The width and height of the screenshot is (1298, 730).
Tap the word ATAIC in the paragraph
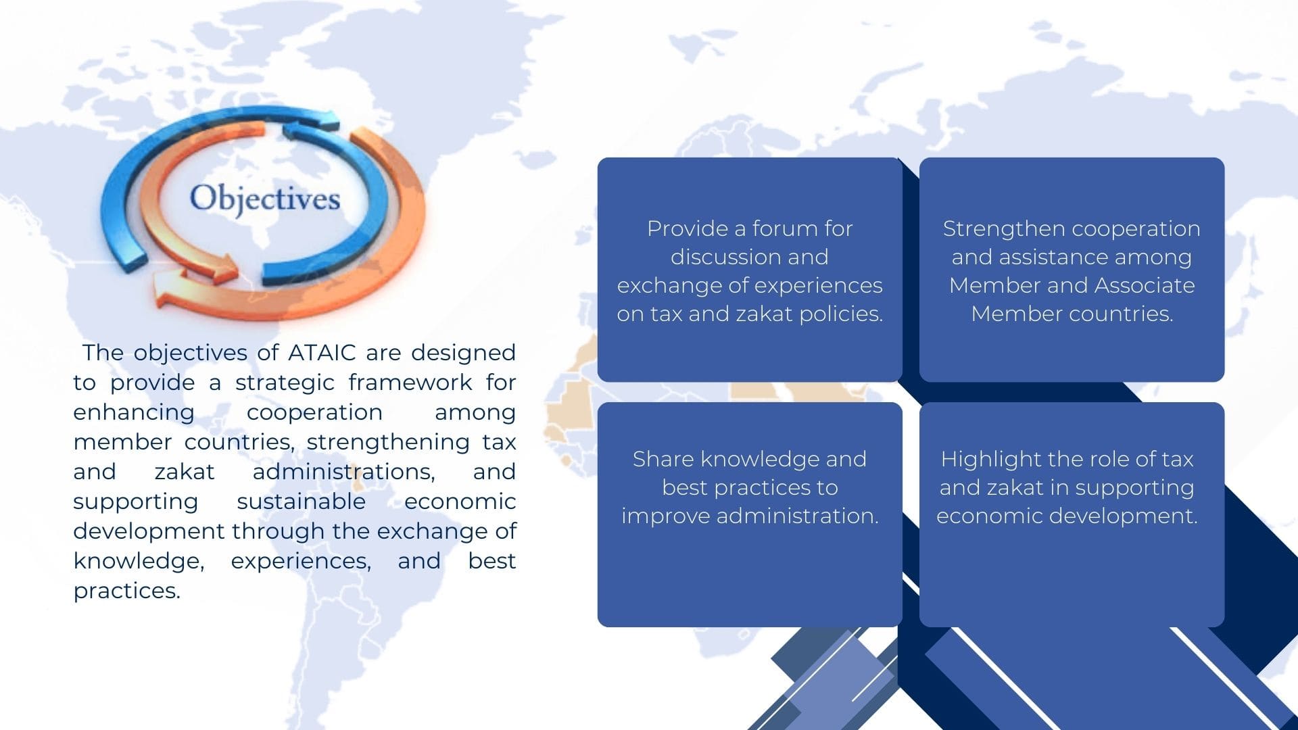(x=322, y=353)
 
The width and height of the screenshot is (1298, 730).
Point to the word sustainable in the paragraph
(x=301, y=502)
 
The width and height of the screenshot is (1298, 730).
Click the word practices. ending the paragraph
(x=126, y=591)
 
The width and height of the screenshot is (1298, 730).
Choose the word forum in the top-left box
(x=785, y=228)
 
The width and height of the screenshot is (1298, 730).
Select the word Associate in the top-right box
(x=1144, y=285)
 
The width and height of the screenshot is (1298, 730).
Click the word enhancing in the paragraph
(x=134, y=412)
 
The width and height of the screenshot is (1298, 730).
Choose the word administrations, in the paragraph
(x=343, y=472)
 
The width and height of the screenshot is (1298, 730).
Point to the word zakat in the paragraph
(x=185, y=472)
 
